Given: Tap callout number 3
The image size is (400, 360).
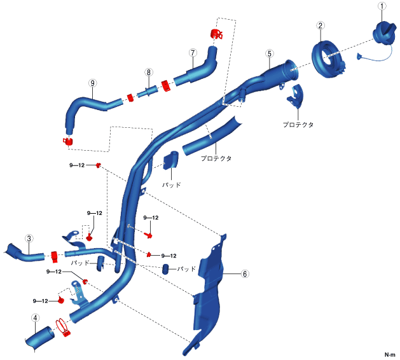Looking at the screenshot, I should pos(29,238).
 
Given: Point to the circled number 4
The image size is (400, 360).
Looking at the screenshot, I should pos(36,318).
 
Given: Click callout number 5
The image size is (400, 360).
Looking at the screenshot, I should pos(270,54).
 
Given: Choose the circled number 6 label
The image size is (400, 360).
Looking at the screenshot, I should pos(244,274).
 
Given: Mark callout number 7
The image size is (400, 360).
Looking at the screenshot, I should pos(192,53).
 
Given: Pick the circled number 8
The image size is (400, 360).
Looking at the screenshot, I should pos(148,73).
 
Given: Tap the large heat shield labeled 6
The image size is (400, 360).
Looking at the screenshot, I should pos(210,293).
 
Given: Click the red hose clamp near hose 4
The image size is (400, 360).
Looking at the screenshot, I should pos(63,328).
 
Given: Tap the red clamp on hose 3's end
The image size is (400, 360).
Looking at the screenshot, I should pos(53,256).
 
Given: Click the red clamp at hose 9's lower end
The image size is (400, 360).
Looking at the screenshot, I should pos(67,140).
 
